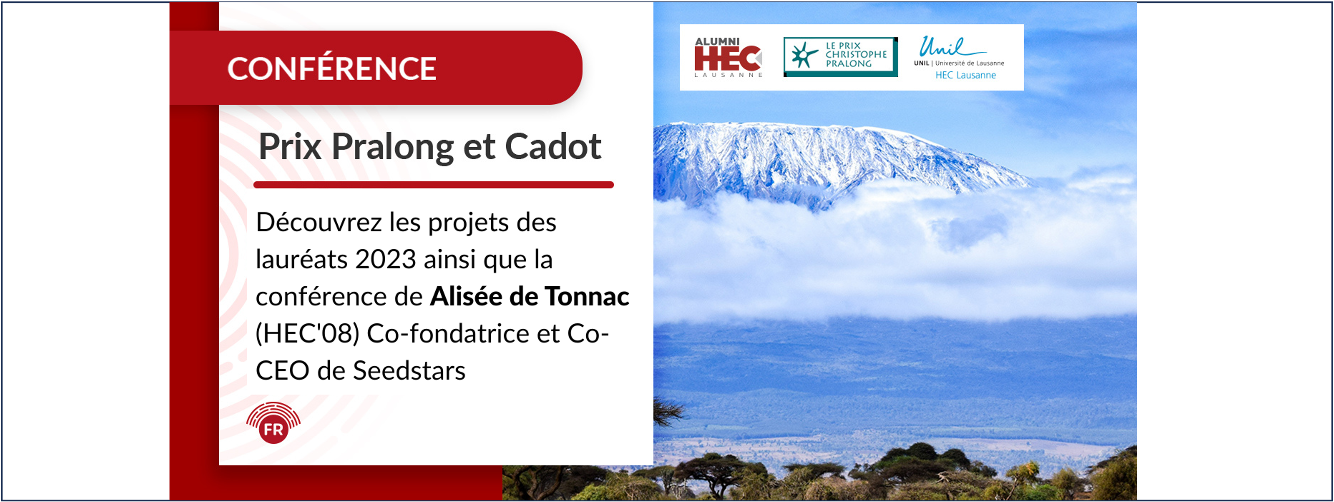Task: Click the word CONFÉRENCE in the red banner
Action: coord(332,68)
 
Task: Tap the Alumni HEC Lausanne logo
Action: coord(728,57)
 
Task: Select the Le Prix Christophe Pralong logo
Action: coord(840,57)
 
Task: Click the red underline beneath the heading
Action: coord(434,185)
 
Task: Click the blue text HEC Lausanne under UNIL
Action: coord(965,75)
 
